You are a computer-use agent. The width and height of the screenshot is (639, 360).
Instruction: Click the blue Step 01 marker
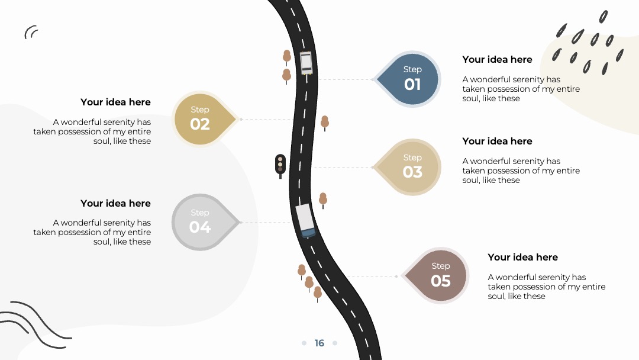click(x=409, y=79)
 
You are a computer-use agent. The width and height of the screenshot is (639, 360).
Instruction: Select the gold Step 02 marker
click(x=203, y=119)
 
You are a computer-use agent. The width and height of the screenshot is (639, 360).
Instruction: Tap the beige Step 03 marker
click(x=409, y=167)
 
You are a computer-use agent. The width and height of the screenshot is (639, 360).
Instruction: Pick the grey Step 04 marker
click(x=203, y=222)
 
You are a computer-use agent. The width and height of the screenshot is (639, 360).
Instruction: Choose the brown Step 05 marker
click(x=437, y=275)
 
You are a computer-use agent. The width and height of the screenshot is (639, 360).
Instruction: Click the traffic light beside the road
click(x=280, y=166)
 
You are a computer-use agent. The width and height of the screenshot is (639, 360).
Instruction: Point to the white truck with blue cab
click(x=305, y=221)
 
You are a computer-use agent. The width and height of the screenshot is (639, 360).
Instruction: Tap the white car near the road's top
click(x=306, y=63)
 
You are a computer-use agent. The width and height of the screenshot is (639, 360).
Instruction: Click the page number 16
click(x=319, y=343)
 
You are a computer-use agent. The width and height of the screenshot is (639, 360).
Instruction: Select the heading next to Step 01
click(x=497, y=60)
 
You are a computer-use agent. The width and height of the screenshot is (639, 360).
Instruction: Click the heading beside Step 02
click(x=115, y=102)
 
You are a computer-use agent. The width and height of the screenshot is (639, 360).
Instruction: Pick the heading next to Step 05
click(x=523, y=257)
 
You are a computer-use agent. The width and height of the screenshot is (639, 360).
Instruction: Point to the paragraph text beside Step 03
click(x=521, y=171)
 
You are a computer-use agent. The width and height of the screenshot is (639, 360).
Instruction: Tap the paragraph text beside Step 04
click(x=92, y=232)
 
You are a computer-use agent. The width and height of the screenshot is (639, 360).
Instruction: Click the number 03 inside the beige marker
click(x=412, y=172)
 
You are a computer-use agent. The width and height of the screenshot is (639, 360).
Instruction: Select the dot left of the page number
click(x=304, y=343)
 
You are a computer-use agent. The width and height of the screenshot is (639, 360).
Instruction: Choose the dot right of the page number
click(x=335, y=343)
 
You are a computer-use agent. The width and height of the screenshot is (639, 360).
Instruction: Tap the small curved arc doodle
click(x=31, y=32)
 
